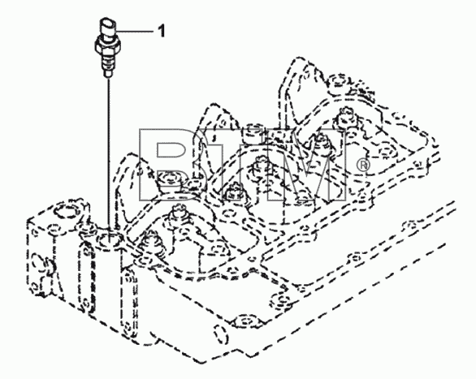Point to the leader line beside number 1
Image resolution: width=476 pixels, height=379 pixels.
pos(135,31)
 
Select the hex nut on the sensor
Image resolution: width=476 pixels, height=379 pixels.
pos(108,45)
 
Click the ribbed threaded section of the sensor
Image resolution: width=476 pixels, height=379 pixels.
pos(108,62)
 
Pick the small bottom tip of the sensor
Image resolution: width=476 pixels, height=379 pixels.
pos(108,75)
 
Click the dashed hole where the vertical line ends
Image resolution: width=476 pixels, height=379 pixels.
pos(110,240)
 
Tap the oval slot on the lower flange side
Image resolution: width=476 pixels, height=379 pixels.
pos(220,334)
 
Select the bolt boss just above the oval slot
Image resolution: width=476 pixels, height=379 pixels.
pos(246,321)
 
